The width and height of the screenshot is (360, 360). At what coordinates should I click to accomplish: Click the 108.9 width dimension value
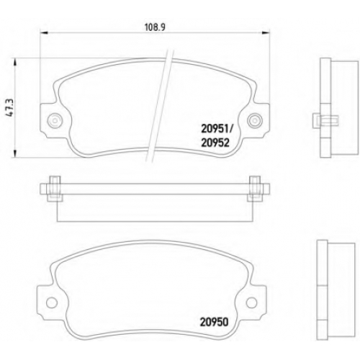[155, 27]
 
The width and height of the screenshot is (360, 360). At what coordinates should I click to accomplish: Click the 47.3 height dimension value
[10, 108]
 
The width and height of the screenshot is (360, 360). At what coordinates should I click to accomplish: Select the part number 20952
[215, 143]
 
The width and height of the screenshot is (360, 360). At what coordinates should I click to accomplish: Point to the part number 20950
[214, 323]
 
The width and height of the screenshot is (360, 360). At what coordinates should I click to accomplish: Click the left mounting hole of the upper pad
[55, 120]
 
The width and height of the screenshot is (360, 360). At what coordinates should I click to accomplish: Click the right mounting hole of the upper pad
[255, 120]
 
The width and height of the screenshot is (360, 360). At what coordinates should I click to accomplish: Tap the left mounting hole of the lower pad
[52, 302]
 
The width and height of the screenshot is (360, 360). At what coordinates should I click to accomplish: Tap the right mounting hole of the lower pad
[251, 302]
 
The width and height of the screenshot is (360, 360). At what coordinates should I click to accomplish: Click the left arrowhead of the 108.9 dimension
[42, 32]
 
